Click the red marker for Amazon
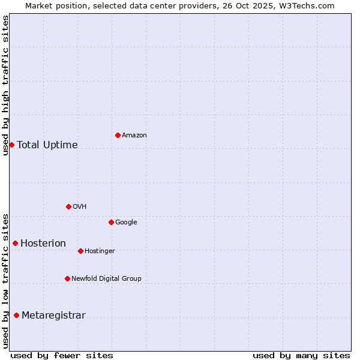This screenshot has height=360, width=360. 118,135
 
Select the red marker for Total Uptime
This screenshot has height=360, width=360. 11,145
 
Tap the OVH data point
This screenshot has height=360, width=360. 68,206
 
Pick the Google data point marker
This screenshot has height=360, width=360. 111,222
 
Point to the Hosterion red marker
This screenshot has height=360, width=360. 15,243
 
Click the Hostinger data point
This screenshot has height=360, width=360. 80,251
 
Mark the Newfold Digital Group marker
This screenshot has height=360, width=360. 67,278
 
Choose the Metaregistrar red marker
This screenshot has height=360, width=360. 16,316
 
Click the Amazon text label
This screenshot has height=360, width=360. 134,136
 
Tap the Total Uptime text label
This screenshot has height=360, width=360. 47,145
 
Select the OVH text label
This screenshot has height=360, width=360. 80,207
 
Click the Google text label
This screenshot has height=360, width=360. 126,223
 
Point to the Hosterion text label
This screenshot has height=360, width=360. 43,244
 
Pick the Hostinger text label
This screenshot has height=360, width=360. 100,251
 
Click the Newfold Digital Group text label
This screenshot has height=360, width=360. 106,279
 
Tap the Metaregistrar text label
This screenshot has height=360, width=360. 53,316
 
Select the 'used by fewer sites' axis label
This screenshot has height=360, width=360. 62,355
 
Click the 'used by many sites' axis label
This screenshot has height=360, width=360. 301,355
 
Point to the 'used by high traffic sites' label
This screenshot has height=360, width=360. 5,85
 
